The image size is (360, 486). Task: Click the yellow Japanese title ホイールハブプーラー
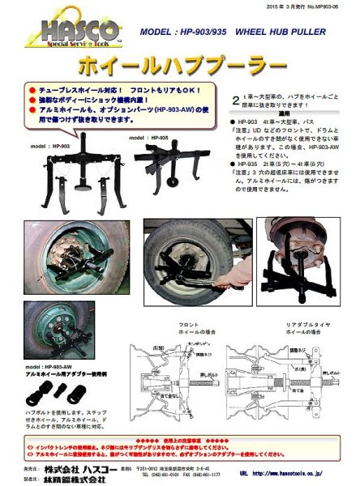tap(180, 62)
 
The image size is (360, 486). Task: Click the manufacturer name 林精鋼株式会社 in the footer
tap(80, 480)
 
